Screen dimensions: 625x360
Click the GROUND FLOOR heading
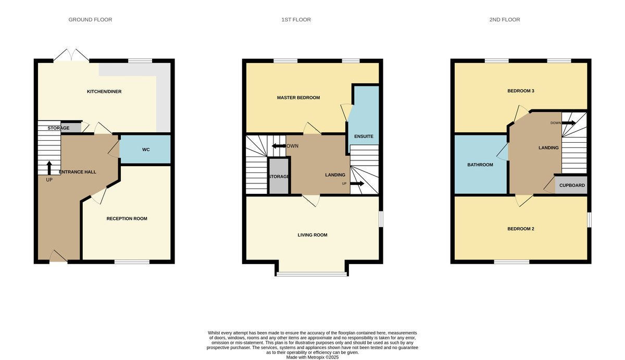coord(90,19)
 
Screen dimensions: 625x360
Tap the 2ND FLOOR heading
coord(505,19)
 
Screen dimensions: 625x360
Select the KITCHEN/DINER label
coord(104,92)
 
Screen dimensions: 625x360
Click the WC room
coord(145,150)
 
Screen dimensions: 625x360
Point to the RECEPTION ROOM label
coord(127,218)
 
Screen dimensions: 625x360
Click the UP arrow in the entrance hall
coord(49,168)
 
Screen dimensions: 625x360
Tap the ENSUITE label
coord(364,136)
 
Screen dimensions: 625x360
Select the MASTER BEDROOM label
coord(298,97)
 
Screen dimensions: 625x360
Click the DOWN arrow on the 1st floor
coord(279,146)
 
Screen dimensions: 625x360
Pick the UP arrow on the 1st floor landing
coord(357,183)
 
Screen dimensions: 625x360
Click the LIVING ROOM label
coord(312,235)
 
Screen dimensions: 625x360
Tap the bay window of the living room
coord(311,274)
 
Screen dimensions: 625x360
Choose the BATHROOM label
coord(480,165)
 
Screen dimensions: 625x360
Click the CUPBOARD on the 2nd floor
coord(571,185)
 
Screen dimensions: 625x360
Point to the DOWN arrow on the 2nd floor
coord(569,123)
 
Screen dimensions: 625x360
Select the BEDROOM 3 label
coord(521,91)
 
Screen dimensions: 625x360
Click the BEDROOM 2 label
coord(521,229)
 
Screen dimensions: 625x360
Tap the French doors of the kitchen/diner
coord(71,55)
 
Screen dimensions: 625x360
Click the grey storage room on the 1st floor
coord(279,176)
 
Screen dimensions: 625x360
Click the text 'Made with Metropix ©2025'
coord(312,357)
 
